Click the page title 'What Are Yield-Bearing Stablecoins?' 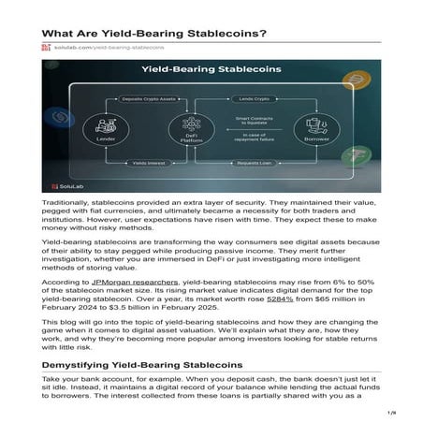[x=153, y=34]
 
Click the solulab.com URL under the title [x=109, y=47]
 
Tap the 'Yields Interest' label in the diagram [x=145, y=162]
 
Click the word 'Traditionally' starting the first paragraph [x=66, y=202]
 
